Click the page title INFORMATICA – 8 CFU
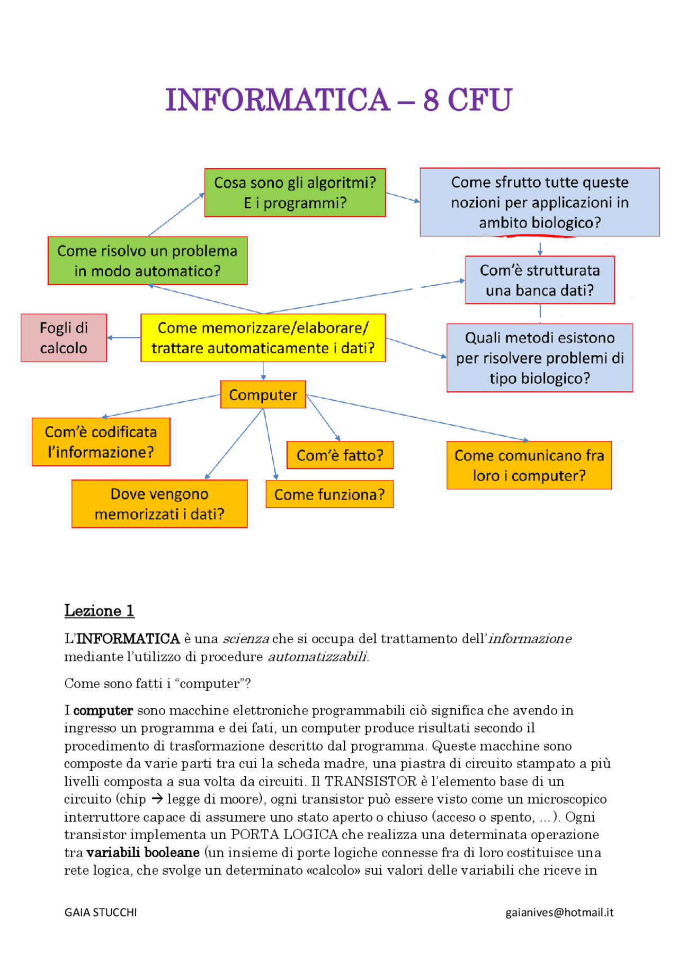tap(338, 100)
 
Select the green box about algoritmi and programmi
tap(295, 193)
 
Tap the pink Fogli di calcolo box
tap(64, 338)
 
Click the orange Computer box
tap(263, 395)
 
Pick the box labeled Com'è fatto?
tap(340, 455)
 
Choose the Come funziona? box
tap(329, 495)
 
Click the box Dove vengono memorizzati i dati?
tap(159, 504)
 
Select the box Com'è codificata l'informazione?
tap(101, 442)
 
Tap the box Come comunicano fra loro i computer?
tap(529, 465)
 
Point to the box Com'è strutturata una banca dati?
tap(540, 280)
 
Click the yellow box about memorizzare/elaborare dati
tap(263, 338)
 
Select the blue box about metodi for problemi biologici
tap(540, 358)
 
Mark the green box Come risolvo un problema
tap(147, 261)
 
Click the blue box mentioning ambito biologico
tap(540, 202)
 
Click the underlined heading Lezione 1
tap(99, 611)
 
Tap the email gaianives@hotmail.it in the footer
tap(559, 912)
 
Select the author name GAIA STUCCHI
tap(101, 912)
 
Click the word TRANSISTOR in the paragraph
tap(371, 781)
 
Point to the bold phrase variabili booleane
tap(143, 852)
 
